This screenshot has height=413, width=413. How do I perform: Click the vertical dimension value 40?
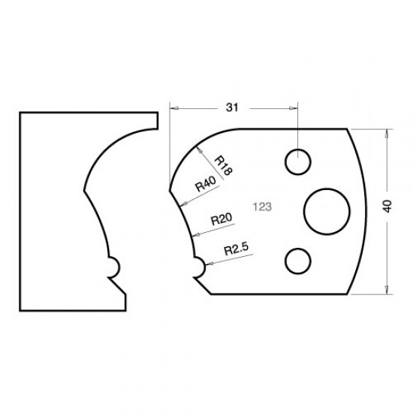point(387,207)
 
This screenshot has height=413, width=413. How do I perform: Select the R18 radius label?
point(223,165)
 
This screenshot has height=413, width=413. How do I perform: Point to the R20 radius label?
point(220,219)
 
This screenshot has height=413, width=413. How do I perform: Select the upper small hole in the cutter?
point(298,161)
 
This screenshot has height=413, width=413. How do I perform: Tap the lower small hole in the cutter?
point(298,261)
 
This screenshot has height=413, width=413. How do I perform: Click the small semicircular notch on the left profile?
point(113,266)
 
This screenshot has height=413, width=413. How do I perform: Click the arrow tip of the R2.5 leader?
point(205,264)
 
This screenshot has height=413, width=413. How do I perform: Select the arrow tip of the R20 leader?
point(193,235)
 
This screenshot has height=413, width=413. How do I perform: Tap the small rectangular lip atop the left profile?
point(155,119)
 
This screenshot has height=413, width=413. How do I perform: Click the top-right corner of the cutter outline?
point(348,128)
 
